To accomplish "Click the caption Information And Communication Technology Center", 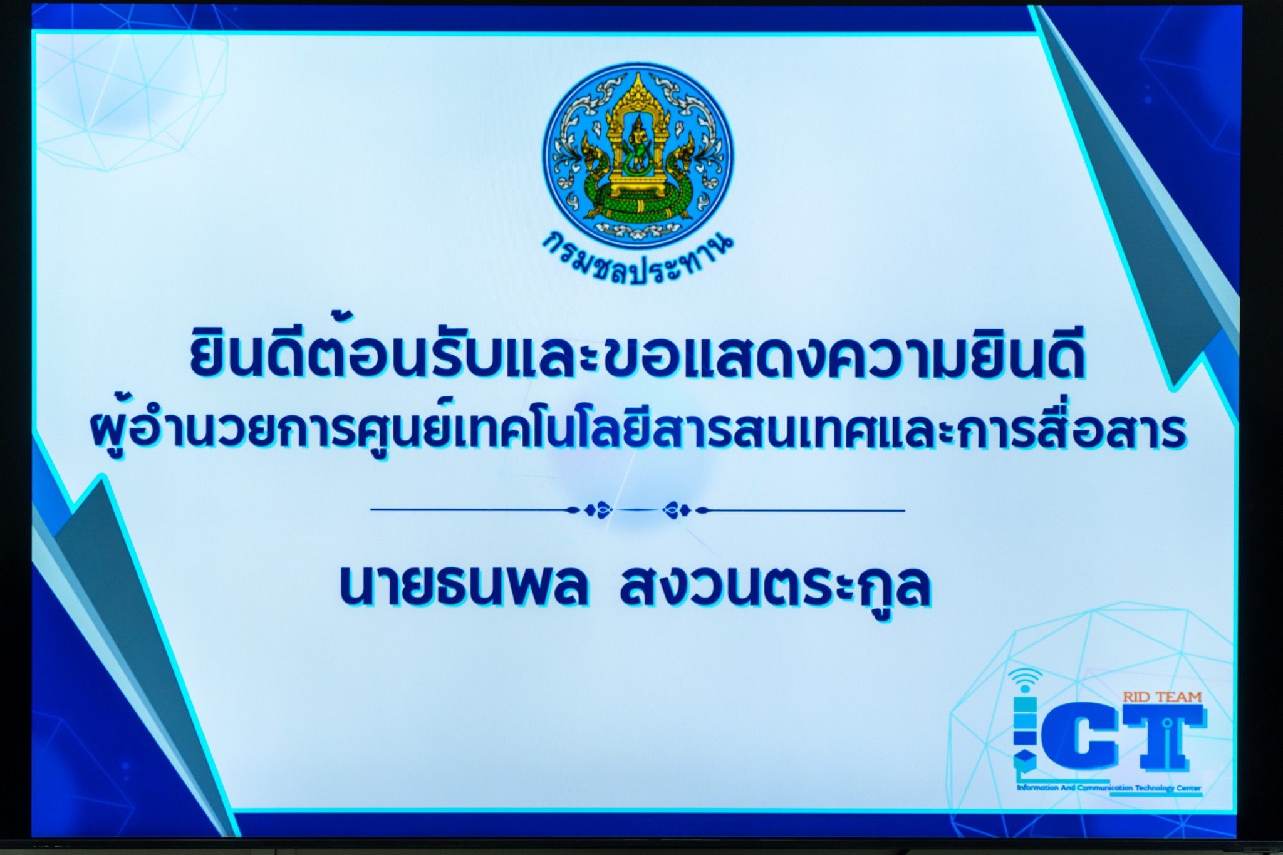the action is (1109, 787).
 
